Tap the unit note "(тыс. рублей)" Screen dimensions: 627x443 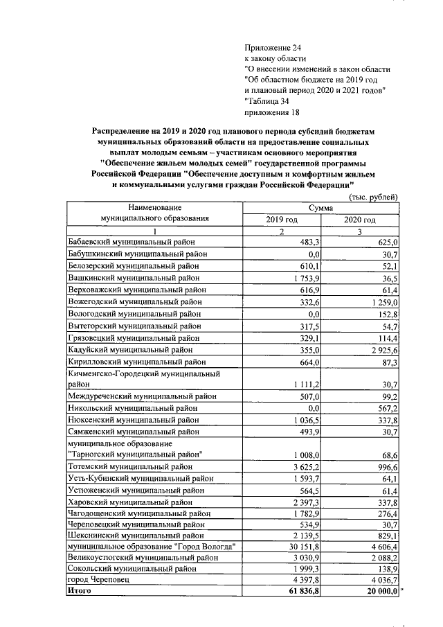coord(373,197)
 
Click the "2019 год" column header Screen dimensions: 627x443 coord(281,220)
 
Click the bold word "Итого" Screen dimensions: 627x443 coord(80,591)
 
